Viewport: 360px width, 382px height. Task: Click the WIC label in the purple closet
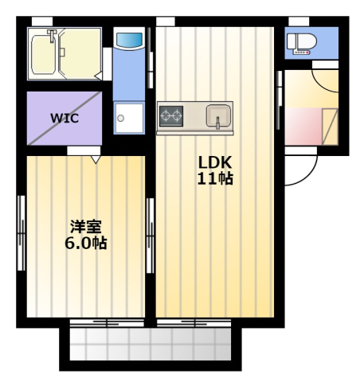tap(65, 118)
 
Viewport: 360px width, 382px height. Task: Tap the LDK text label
tap(215, 162)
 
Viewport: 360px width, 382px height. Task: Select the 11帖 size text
tap(215, 179)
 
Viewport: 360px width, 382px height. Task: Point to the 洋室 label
tap(86, 226)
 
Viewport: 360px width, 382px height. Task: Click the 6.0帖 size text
tap(86, 243)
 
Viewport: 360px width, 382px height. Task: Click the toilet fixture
tap(302, 44)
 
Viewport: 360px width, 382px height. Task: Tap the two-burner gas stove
tap(171, 116)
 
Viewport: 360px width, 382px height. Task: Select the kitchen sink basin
tap(218, 115)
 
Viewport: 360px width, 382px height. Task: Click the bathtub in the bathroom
tap(44, 55)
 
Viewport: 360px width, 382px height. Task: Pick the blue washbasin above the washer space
tap(129, 41)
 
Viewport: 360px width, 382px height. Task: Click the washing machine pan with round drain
tap(129, 118)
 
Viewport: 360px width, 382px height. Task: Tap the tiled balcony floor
tap(151, 344)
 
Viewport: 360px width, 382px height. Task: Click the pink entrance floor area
tap(303, 127)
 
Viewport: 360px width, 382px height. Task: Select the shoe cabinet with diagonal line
tap(330, 127)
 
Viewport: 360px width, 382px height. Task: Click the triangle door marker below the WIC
tap(96, 159)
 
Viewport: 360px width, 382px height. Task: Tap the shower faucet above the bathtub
tap(52, 36)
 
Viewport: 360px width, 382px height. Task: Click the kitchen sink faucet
tap(217, 123)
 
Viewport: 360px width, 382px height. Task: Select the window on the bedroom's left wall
tap(22, 233)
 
